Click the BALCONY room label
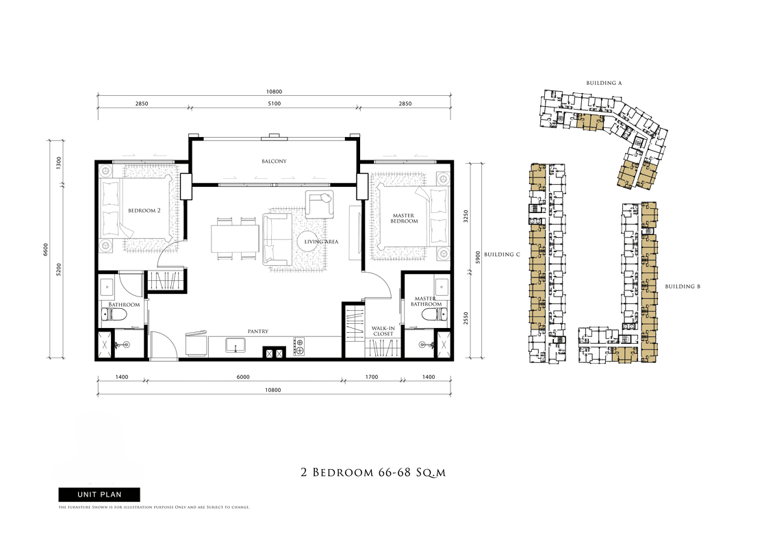[x=274, y=162]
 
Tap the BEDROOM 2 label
[x=144, y=210]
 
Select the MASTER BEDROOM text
[x=404, y=218]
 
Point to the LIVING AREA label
[x=321, y=242]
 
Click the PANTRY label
[x=258, y=331]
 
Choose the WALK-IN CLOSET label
[x=383, y=331]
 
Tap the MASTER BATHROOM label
[x=426, y=301]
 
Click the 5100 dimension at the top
[x=275, y=103]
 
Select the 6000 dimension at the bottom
[x=243, y=377]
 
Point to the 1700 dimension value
[x=372, y=377]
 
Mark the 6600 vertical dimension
[x=46, y=249]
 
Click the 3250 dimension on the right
[x=466, y=216]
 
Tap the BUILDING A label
[x=604, y=83]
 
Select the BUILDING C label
[x=502, y=254]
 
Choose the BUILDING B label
[x=683, y=286]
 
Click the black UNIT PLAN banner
[x=99, y=494]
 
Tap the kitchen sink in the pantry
[x=236, y=345]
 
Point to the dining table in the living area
[x=235, y=238]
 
